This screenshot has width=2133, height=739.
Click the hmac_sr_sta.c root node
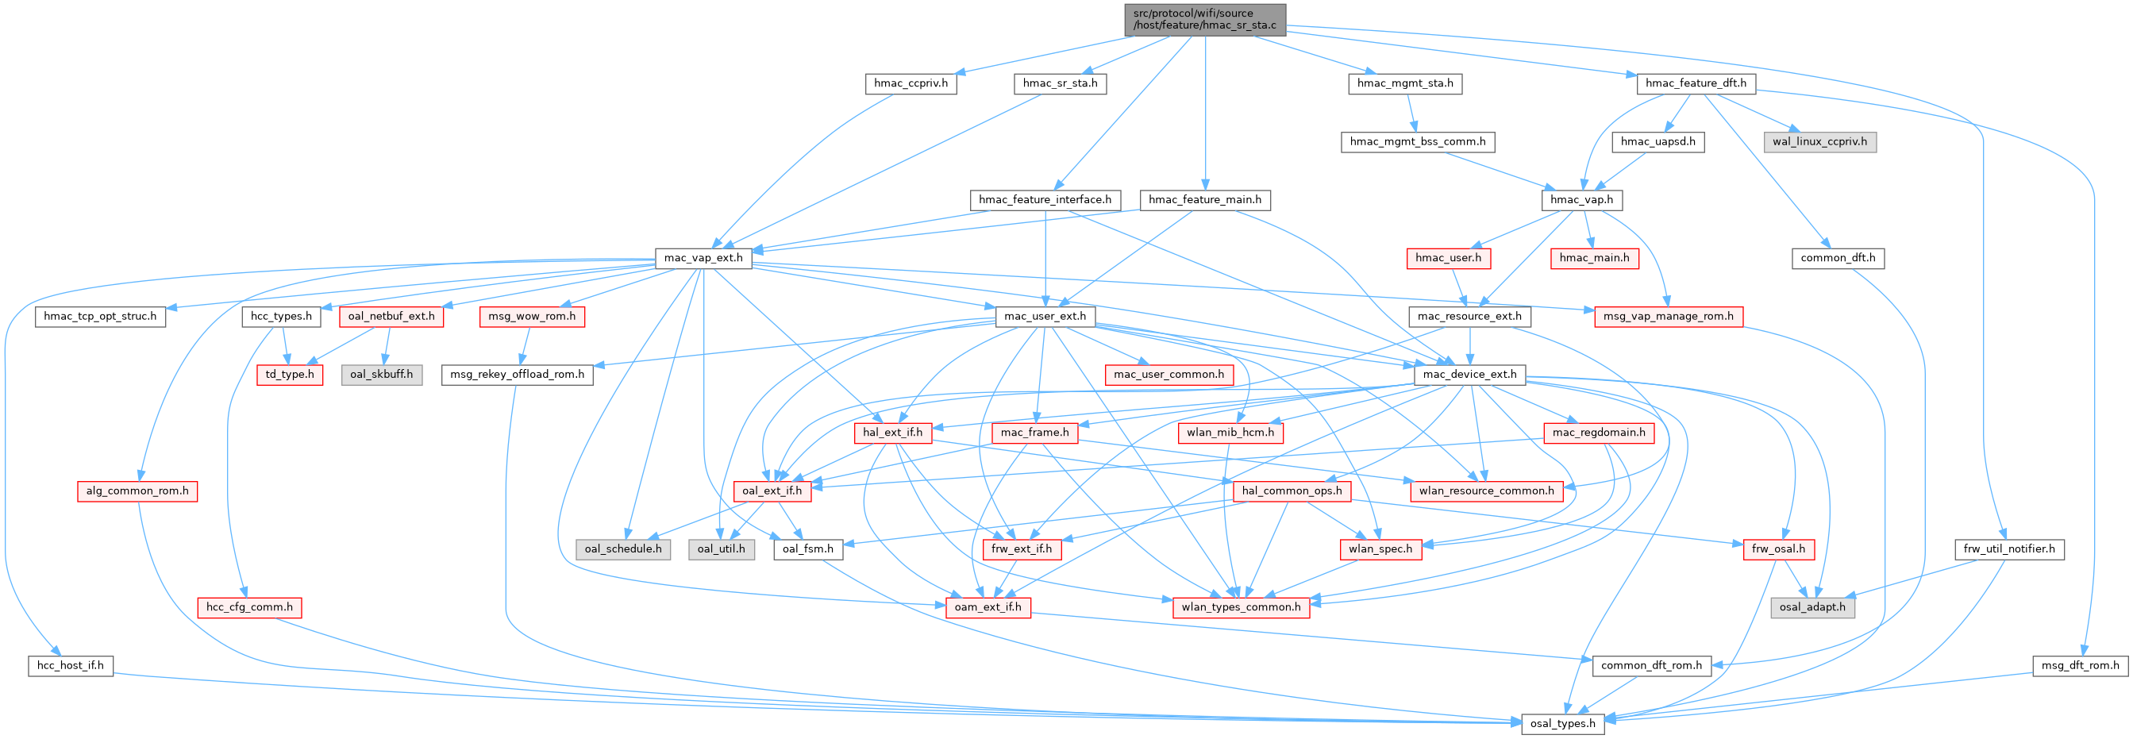[1205, 19]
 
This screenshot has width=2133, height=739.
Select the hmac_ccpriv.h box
[911, 83]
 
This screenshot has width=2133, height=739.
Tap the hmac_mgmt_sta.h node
[1405, 83]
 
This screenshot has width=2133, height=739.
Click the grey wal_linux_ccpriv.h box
[1819, 141]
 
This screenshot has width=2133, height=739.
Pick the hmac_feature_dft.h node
[1696, 83]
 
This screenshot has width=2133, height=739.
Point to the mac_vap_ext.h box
[704, 258]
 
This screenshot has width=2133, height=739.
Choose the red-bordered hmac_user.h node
[1448, 258]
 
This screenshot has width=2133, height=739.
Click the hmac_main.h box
[1594, 258]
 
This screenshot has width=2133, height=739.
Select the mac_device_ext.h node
[1469, 375]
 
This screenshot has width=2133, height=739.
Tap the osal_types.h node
[1562, 723]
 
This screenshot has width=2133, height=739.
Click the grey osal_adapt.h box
[1812, 607]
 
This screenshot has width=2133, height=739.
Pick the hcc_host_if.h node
[71, 665]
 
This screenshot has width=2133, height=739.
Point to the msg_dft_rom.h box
[2080, 665]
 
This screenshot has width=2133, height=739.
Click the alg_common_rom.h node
[137, 491]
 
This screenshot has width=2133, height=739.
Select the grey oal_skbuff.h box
[381, 375]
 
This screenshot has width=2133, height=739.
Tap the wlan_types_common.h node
[1242, 607]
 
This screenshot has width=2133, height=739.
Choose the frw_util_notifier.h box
[2009, 549]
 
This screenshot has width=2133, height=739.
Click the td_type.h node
[290, 375]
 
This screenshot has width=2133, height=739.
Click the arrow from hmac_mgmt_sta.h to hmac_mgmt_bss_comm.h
[1411, 113]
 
